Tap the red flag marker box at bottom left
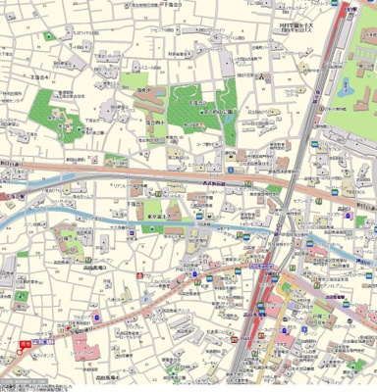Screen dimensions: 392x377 point(28,343)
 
